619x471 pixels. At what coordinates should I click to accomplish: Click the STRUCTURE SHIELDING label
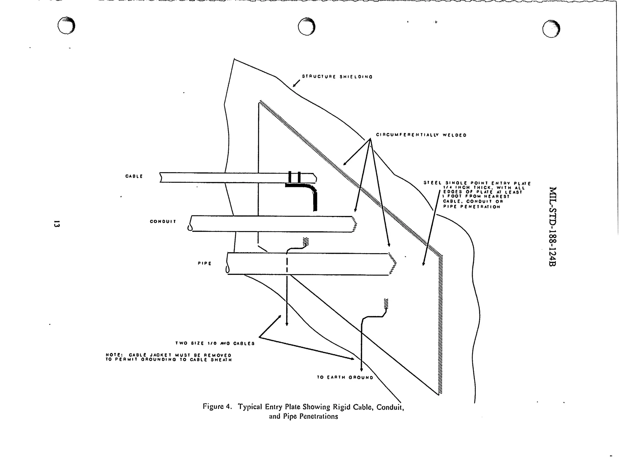tap(337, 77)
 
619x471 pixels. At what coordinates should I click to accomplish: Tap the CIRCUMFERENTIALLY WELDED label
tap(421, 135)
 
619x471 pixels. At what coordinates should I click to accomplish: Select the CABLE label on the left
tap(134, 176)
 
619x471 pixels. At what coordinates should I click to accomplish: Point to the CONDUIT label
tap(163, 221)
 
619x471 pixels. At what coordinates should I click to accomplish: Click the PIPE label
tap(205, 263)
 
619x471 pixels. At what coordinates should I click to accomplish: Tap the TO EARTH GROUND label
tap(345, 377)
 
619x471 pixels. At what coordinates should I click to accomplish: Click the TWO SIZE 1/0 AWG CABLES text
tap(215, 343)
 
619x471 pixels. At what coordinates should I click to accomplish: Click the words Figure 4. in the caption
tap(217, 407)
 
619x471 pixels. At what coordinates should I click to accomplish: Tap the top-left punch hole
tap(66, 26)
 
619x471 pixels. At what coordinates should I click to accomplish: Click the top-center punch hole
tap(306, 27)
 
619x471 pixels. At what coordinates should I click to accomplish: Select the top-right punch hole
tap(551, 29)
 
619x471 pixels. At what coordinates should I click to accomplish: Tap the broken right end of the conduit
tap(354, 224)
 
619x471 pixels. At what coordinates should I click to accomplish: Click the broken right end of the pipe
tap(392, 263)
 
